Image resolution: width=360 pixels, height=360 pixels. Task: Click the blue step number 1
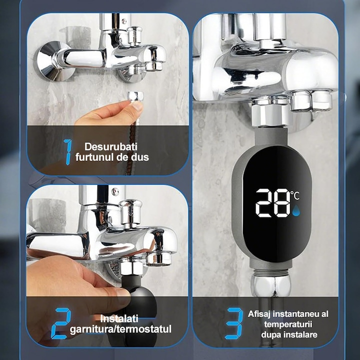pos(67,152)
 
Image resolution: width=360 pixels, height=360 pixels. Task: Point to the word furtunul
pos(92,157)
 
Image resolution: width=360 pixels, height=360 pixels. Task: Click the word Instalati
pos(120,318)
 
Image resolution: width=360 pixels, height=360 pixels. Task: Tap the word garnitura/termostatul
pos(120,329)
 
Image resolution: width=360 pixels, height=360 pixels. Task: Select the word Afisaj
pos(261,314)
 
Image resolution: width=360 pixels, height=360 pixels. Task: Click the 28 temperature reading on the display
pos(272,202)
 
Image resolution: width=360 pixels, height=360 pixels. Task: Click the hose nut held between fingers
pos(135,96)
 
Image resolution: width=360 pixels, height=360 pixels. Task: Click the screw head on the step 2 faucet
pos(115,191)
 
